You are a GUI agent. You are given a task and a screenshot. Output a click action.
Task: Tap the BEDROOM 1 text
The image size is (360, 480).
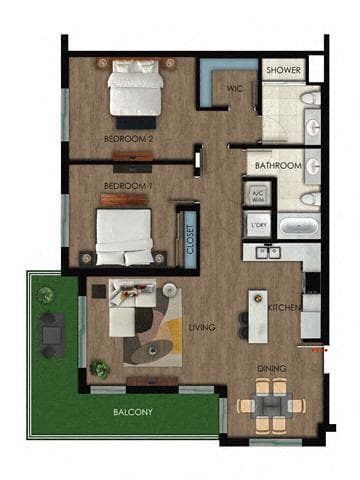click(x=125, y=186)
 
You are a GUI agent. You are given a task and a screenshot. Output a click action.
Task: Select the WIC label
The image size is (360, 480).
click(x=235, y=88)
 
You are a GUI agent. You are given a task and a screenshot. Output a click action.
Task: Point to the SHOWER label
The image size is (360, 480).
click(x=283, y=71)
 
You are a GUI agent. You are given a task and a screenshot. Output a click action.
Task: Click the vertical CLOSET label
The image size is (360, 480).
click(x=191, y=240)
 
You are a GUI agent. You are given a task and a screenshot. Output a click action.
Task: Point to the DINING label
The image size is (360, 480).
click(x=270, y=369)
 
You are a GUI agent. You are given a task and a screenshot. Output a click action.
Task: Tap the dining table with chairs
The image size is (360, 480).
click(x=270, y=406)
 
